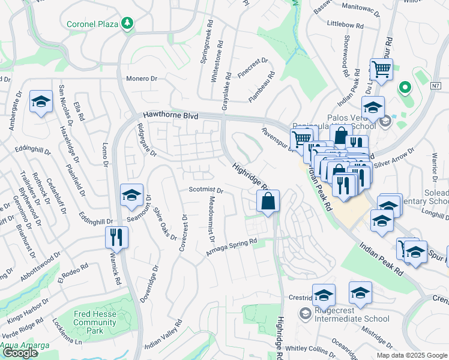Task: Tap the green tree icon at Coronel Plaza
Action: [x=127, y=23]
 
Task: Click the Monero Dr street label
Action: [x=141, y=79]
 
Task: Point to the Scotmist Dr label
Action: [x=206, y=190]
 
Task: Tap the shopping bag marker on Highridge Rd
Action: [x=268, y=202]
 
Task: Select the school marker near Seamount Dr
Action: [x=131, y=195]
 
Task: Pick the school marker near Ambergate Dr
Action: [x=41, y=103]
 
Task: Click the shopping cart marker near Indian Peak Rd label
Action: [x=381, y=70]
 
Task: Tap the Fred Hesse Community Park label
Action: [x=95, y=322]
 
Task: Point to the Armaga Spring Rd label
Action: [x=232, y=247]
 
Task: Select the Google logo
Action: [x=20, y=353]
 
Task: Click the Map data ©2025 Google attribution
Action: [x=411, y=355]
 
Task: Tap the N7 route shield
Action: [x=435, y=85]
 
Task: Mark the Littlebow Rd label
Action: [x=345, y=25]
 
